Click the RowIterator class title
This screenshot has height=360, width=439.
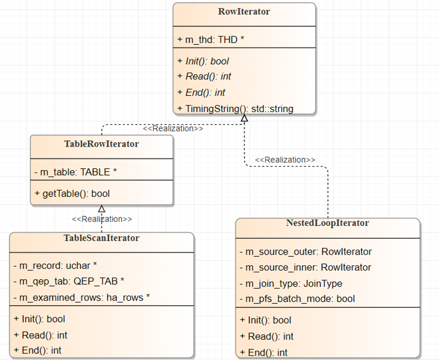(x=244, y=11)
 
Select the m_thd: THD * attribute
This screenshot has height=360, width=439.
(x=211, y=39)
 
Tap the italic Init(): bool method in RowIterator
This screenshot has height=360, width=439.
(x=203, y=61)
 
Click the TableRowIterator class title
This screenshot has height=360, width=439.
(x=102, y=144)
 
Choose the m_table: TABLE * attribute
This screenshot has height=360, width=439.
(x=76, y=172)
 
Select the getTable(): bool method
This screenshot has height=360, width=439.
(x=72, y=193)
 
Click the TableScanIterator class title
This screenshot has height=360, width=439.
(x=102, y=238)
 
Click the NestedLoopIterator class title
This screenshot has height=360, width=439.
(x=327, y=223)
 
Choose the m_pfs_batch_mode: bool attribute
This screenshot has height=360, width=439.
(x=297, y=299)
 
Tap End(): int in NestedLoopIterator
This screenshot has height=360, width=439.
(x=263, y=352)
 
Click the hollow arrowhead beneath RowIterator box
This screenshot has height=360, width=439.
(x=244, y=118)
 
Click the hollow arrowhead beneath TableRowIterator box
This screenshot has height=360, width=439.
(x=102, y=209)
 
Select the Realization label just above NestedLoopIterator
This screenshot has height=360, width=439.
(x=285, y=160)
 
